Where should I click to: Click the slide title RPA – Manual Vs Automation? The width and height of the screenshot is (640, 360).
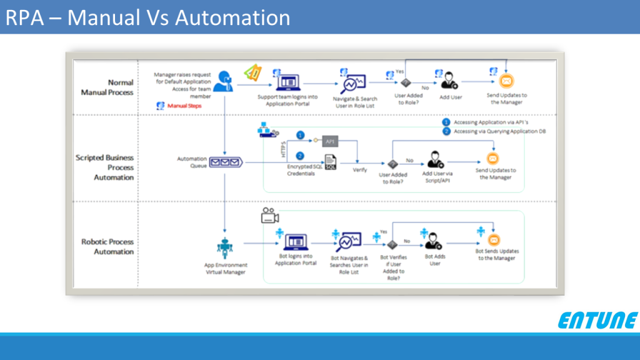pyautogui.click(x=148, y=17)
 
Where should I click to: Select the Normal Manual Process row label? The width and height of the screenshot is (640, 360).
pyautogui.click(x=107, y=87)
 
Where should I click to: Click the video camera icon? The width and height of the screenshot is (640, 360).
pyautogui.click(x=269, y=217)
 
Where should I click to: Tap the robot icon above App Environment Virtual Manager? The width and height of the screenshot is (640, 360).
pyautogui.click(x=224, y=248)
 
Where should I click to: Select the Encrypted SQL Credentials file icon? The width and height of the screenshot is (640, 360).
pyautogui.click(x=330, y=162)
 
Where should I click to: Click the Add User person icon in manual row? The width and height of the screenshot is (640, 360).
pyautogui.click(x=449, y=82)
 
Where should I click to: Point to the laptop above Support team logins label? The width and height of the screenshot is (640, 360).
pyautogui.click(x=289, y=82)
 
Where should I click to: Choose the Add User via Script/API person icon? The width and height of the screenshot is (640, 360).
pyautogui.click(x=435, y=159)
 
